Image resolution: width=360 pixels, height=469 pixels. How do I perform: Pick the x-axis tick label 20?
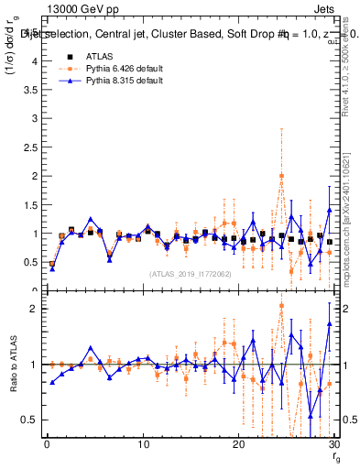point(238,444)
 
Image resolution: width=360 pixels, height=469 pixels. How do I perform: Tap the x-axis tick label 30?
point(333,444)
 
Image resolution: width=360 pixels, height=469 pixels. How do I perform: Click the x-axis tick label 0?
point(47,444)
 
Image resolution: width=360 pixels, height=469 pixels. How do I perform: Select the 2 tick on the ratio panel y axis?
point(34,309)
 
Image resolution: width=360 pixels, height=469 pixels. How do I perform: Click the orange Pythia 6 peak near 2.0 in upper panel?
point(281,176)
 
